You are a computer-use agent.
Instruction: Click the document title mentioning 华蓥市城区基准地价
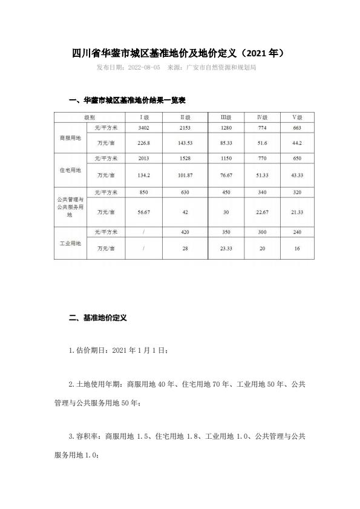[x=180, y=54]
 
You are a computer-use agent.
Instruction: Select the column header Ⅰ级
[x=145, y=117]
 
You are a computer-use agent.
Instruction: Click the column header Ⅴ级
[x=296, y=117]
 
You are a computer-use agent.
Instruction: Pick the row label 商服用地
[x=70, y=138]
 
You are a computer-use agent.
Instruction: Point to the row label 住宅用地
[x=70, y=171]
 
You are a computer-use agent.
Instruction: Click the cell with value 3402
[x=144, y=128]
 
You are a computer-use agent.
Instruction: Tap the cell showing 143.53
[x=185, y=143]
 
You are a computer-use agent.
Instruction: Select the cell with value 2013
[x=144, y=158]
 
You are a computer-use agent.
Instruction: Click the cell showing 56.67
[x=144, y=212]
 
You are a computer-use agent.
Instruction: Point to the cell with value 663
[x=296, y=128]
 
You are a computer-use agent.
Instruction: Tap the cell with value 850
[x=144, y=192]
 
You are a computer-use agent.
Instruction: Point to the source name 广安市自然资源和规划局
[x=221, y=68]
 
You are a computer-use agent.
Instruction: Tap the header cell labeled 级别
[x=89, y=117]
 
